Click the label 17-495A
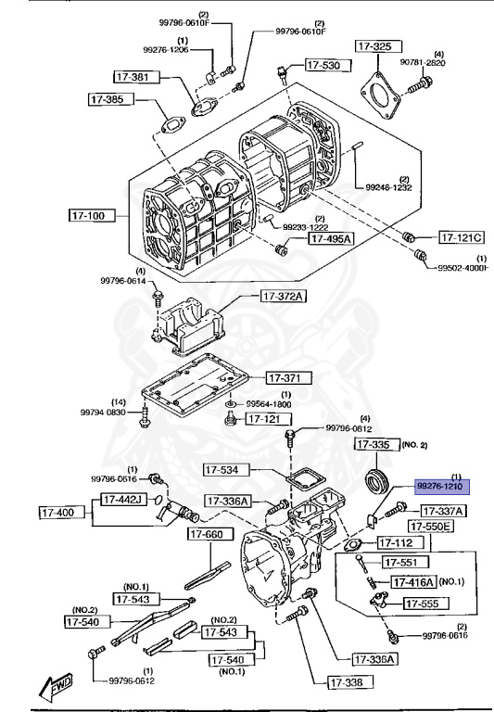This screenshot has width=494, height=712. point(331,238)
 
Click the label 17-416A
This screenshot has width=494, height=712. point(412,582)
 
